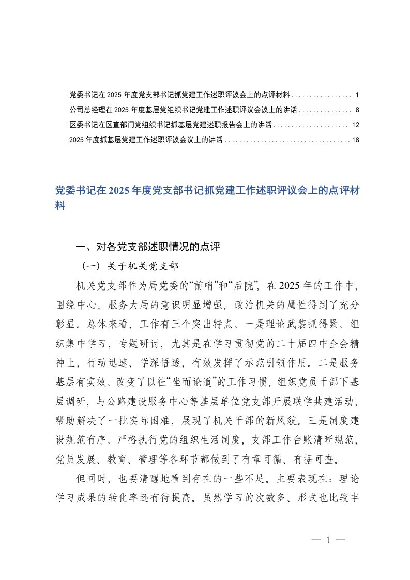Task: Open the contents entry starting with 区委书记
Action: click(x=171, y=125)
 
